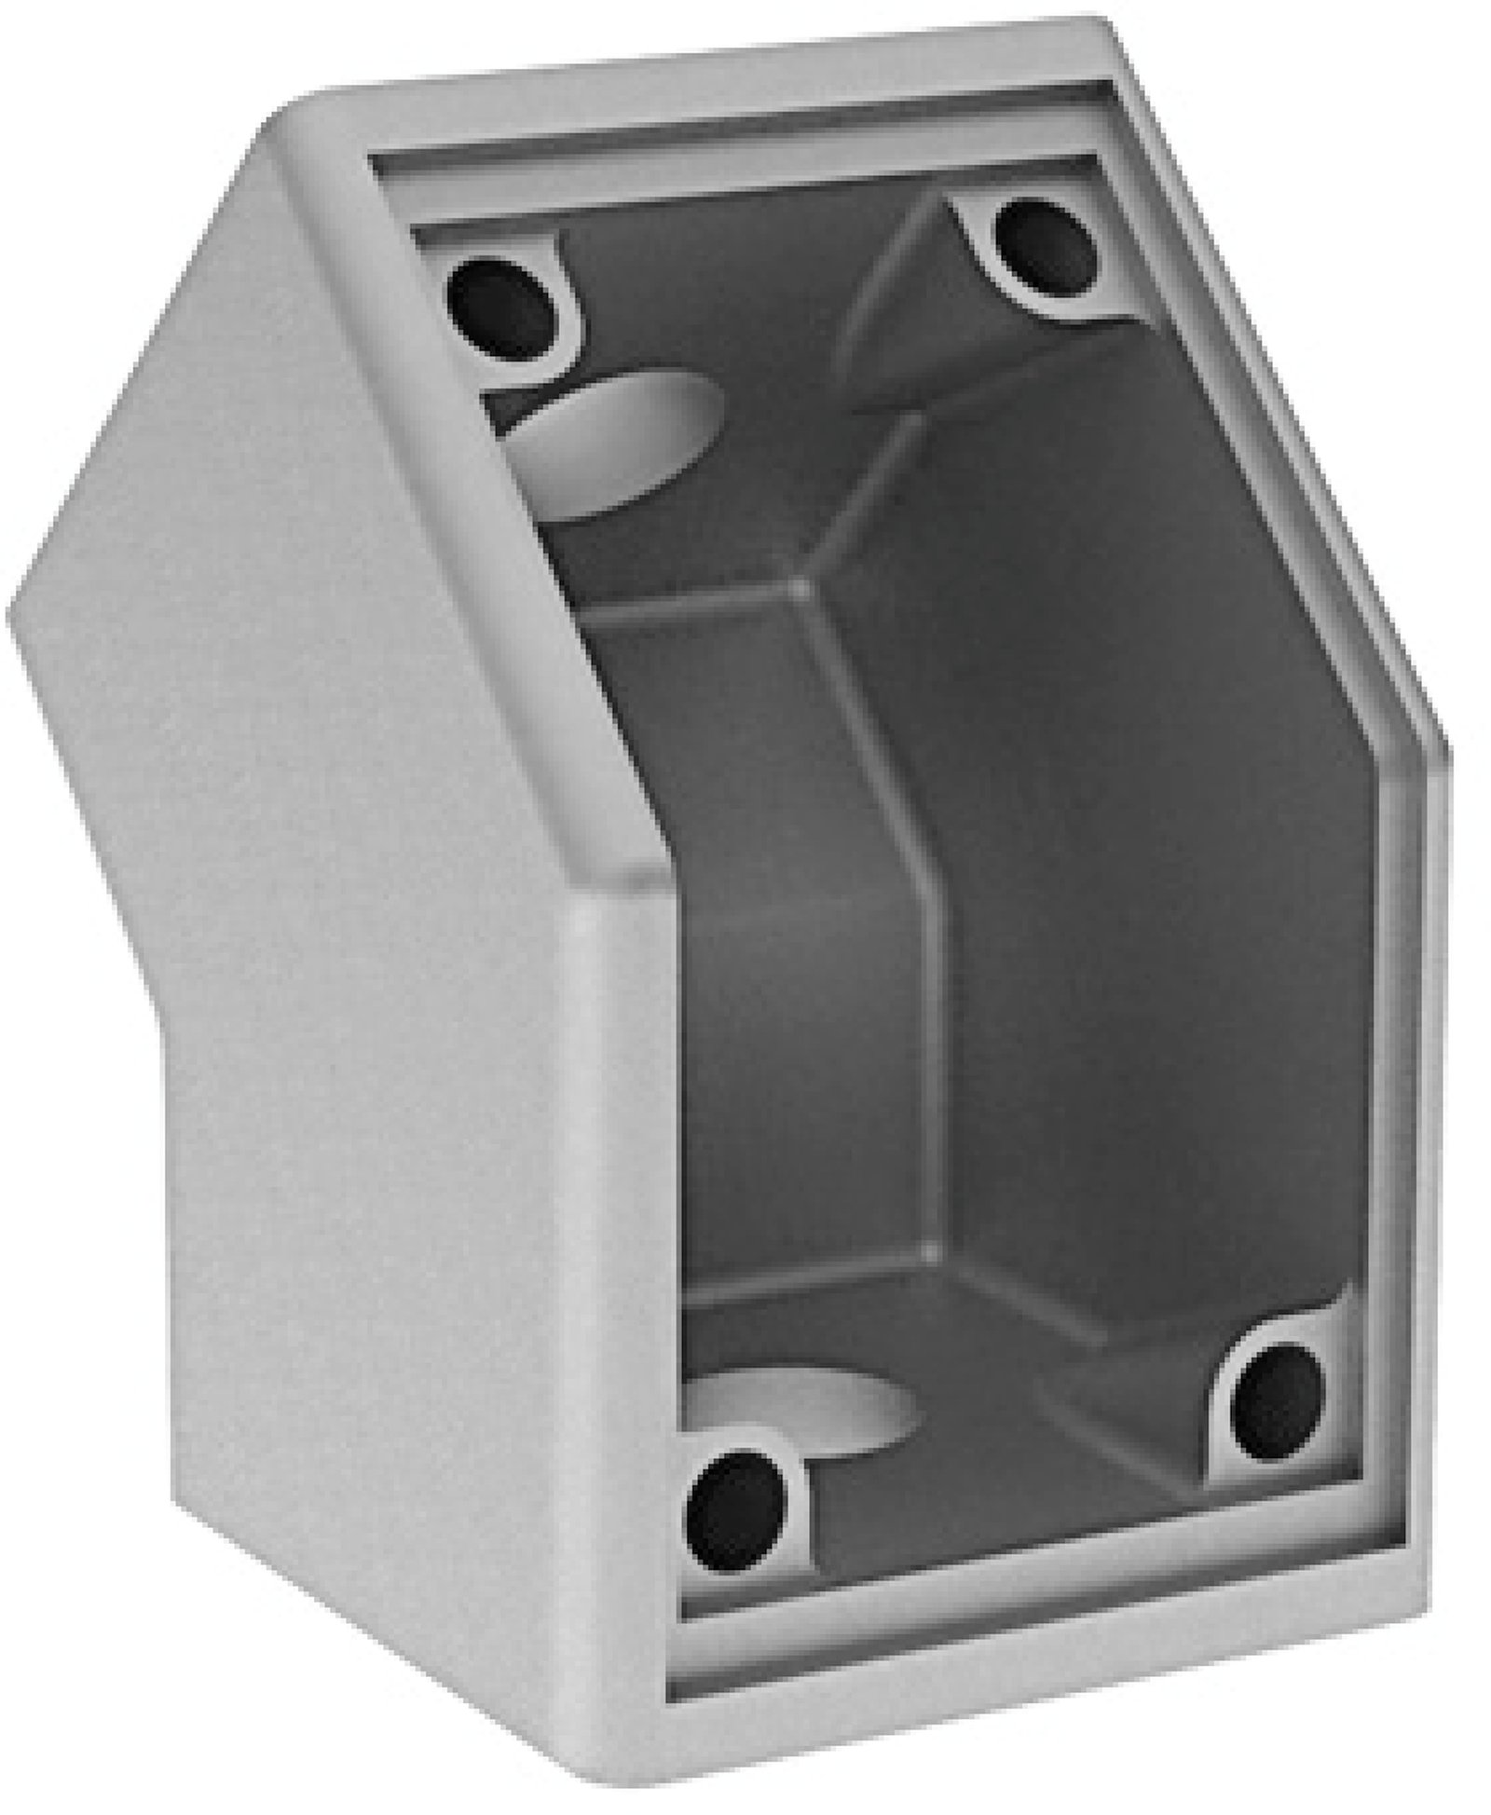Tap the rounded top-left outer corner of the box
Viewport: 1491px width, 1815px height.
(280, 126)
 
